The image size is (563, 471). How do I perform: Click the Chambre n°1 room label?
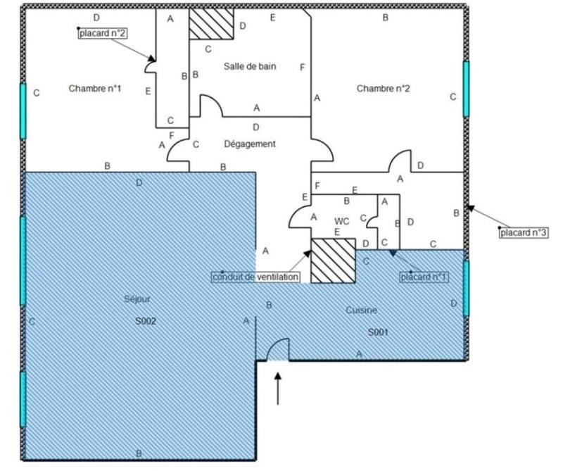(95, 89)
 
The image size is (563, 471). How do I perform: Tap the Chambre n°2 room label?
(383, 89)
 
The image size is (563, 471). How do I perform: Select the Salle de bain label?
(250, 66)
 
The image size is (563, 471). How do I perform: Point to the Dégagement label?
(250, 144)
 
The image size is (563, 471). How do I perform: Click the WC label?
(342, 220)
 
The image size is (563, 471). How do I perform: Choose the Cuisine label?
(362, 310)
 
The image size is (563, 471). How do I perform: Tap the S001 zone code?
(378, 331)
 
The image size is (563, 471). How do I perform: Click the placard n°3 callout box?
(522, 232)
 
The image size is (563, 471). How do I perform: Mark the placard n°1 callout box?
(424, 277)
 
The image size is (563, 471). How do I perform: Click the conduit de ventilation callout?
(256, 277)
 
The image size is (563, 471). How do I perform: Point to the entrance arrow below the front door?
(279, 389)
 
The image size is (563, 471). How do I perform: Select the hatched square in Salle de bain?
(211, 24)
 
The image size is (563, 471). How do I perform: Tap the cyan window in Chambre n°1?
(23, 111)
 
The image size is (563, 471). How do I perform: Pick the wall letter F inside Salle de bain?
(302, 67)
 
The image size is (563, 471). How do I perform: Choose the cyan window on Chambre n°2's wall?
(466, 89)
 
